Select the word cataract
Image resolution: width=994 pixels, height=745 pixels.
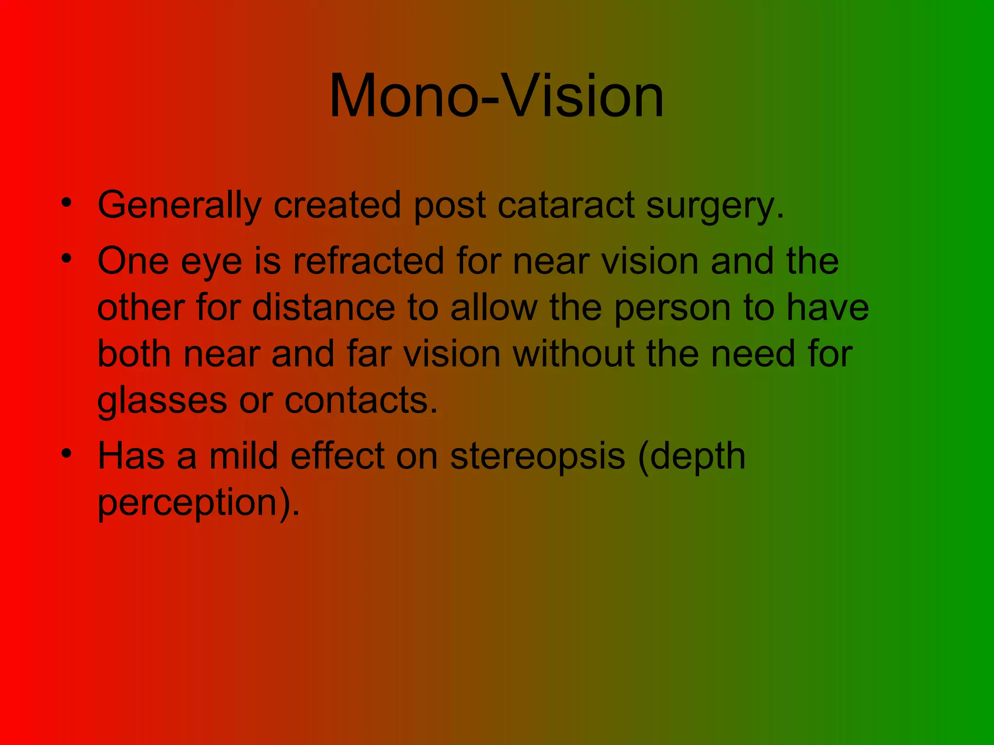pos(565,206)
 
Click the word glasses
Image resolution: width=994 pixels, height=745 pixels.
pos(162,401)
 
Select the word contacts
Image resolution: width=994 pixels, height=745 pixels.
pos(361,401)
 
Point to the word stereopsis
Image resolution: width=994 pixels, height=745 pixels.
pos(537,457)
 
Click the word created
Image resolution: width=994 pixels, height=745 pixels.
pos(337,206)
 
